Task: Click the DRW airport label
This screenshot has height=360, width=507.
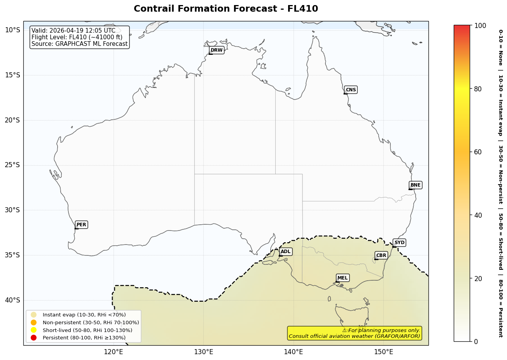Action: [x=217, y=50]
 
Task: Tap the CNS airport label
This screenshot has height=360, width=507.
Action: [x=351, y=90]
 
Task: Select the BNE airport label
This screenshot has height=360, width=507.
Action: [x=415, y=185]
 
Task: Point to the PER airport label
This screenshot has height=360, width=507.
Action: [x=81, y=225]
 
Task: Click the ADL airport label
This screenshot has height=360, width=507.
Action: [x=285, y=252]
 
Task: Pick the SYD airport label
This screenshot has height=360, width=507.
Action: [x=399, y=243]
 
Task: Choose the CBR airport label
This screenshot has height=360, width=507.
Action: [x=381, y=255]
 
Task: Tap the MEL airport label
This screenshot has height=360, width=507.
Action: [x=343, y=278]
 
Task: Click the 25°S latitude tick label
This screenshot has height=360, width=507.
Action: [x=12, y=165]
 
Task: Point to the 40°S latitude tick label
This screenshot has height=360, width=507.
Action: [x=12, y=300]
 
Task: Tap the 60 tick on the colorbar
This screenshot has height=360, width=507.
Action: [x=478, y=152]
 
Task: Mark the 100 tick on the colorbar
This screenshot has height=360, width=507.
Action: [x=480, y=26]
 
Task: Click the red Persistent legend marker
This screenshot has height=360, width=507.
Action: [x=34, y=337]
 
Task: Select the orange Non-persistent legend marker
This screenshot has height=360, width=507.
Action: [x=34, y=322]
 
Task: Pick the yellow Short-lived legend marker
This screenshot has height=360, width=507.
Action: [x=34, y=330]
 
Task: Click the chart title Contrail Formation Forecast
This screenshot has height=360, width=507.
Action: [x=226, y=9]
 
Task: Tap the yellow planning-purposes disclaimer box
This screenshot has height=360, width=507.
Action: [x=354, y=333]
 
